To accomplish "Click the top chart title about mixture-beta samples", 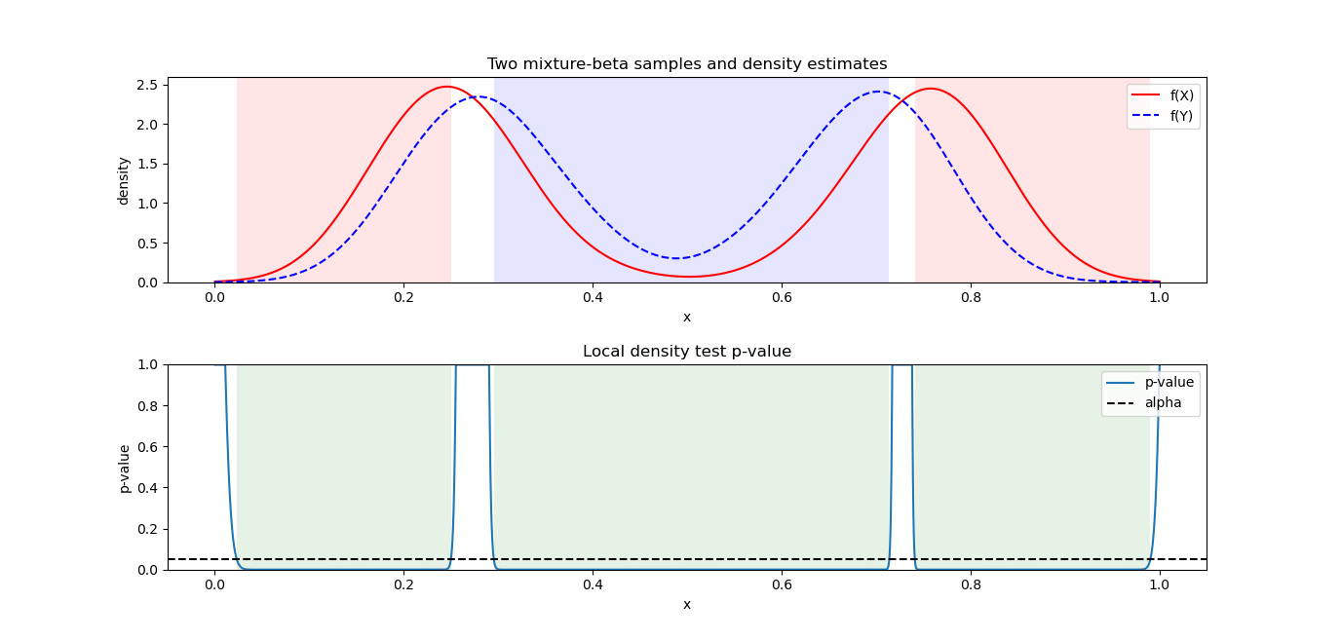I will pyautogui.click(x=687, y=64).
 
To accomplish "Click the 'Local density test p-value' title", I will pyautogui.click(x=687, y=352).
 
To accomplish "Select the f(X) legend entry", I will pyautogui.click(x=1181, y=95).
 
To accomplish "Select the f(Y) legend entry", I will pyautogui.click(x=1181, y=115).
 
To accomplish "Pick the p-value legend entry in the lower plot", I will pyautogui.click(x=1169, y=382).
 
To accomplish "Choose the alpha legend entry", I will pyautogui.click(x=1163, y=402).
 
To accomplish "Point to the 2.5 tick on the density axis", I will pyautogui.click(x=148, y=85).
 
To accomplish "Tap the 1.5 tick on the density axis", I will pyautogui.click(x=148, y=164).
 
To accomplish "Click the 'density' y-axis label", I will pyautogui.click(x=124, y=180).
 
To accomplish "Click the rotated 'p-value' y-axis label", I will pyautogui.click(x=124, y=468).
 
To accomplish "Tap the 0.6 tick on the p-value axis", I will pyautogui.click(x=148, y=447).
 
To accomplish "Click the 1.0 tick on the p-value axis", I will pyautogui.click(x=148, y=365).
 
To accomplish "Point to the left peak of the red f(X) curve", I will pyautogui.click(x=446, y=87).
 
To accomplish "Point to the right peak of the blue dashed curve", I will pyautogui.click(x=879, y=92).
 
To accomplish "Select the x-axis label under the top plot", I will pyautogui.click(x=687, y=317).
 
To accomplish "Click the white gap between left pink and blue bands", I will pyautogui.click(x=473, y=195).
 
